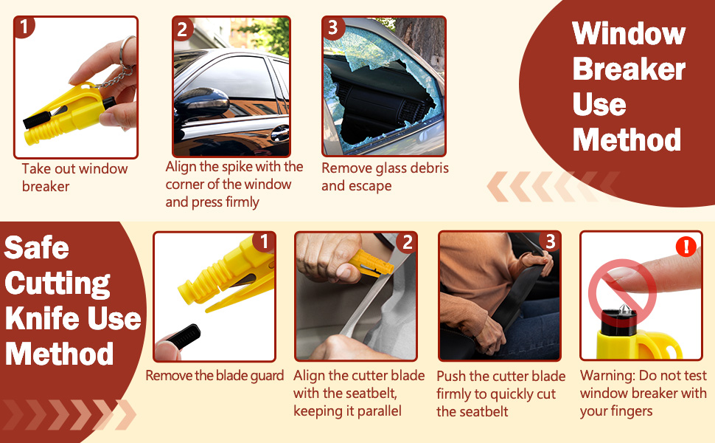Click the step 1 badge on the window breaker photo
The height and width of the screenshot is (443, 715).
tap(24, 28)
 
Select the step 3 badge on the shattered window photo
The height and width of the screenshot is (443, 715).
tap(332, 28)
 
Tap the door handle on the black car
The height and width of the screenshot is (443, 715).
tap(279, 134)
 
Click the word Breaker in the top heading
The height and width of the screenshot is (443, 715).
tap(628, 69)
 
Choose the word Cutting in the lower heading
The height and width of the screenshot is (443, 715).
tap(57, 283)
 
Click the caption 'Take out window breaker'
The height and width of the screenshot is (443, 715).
tap(74, 177)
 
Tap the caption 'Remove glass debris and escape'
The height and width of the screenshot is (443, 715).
tap(384, 176)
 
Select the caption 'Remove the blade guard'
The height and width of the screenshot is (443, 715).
tap(214, 375)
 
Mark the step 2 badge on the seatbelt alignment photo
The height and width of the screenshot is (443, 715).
tap(405, 242)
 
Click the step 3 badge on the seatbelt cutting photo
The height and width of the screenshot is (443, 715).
tap(549, 242)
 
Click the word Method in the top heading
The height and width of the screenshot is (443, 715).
tap(627, 140)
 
